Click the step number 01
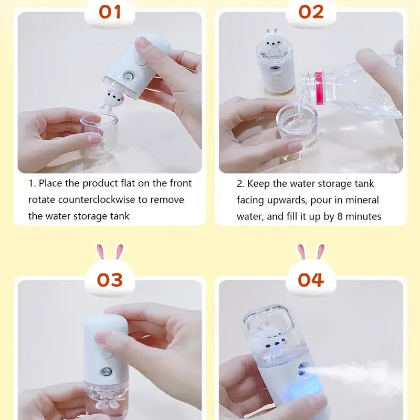pyautogui.click(x=110, y=12)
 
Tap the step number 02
pyautogui.click(x=311, y=12)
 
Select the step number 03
pyautogui.click(x=110, y=280)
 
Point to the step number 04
pyautogui.click(x=311, y=280)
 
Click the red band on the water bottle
pyautogui.click(x=319, y=88)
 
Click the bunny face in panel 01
pyautogui.click(x=114, y=97)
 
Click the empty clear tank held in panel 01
pyautogui.click(x=100, y=131)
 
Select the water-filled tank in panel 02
pyautogui.click(x=297, y=125)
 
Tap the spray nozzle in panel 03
pyautogui.click(x=107, y=372)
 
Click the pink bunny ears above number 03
pyautogui.click(x=110, y=252)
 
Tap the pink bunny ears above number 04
pyautogui.click(x=311, y=252)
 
